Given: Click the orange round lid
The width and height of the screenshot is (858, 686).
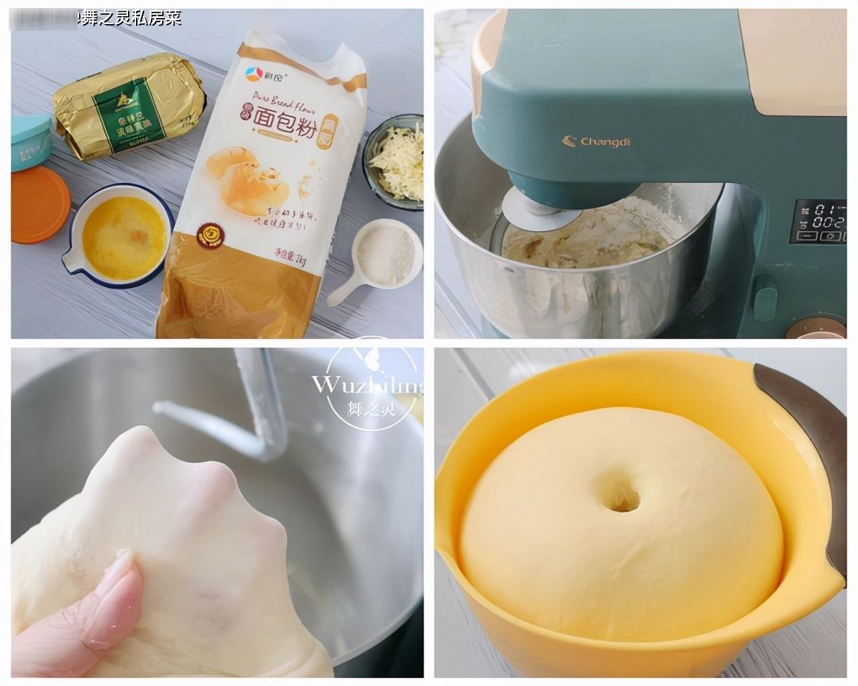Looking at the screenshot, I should point(39,204).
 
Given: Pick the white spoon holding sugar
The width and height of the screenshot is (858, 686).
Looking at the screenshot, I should point(382,258).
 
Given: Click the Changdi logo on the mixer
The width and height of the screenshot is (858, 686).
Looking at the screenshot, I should point(598,141).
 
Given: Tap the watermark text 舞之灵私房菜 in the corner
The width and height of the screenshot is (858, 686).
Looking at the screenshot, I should point(130,17).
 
